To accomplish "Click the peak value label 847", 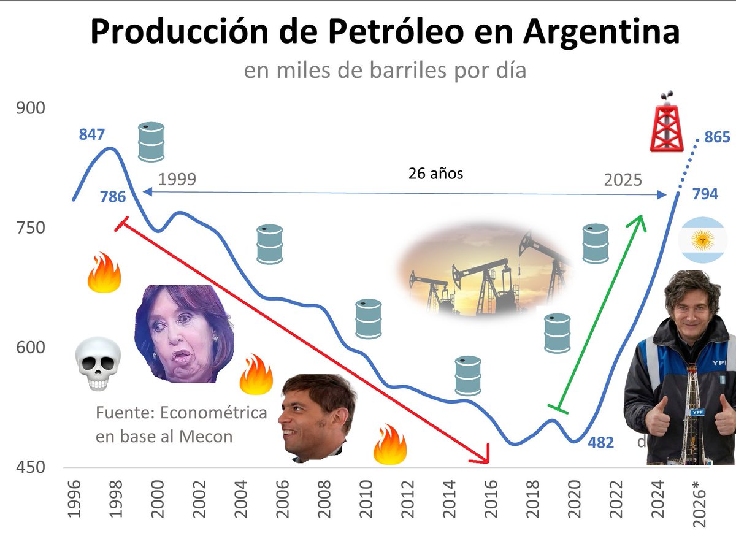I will (92, 134).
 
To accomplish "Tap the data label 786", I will (113, 197).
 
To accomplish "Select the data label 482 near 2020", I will (600, 442).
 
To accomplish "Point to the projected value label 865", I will (717, 137).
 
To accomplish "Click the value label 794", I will (705, 195).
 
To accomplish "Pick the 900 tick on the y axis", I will (31, 109).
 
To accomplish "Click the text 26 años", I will (435, 174).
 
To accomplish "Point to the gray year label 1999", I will (177, 180).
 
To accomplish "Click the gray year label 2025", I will (623, 180).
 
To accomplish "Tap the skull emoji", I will (98, 366).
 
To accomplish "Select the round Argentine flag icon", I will (702, 240).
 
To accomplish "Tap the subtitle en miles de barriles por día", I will (385, 71).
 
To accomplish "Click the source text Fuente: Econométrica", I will (182, 412).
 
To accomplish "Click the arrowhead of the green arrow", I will (641, 220).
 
